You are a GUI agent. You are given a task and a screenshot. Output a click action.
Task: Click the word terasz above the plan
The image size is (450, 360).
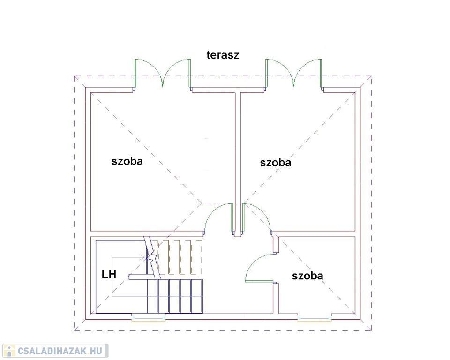click(223, 55)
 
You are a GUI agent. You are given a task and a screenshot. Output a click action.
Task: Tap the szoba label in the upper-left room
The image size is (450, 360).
click(127, 161)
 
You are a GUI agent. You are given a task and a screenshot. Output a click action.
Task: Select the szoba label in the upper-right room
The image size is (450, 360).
click(276, 163)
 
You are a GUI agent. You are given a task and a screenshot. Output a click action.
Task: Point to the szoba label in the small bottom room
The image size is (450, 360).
click(307, 276)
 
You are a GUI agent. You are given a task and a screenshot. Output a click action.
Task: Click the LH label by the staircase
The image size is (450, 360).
click(109, 274)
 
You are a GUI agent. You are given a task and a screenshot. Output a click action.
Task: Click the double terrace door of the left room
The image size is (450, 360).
click(163, 74)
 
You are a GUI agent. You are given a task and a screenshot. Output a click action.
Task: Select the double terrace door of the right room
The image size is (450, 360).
click(293, 74)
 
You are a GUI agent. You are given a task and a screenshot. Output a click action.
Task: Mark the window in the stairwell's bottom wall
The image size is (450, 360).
click(149, 318)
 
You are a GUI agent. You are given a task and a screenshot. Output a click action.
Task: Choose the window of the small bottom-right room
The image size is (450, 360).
click(314, 319)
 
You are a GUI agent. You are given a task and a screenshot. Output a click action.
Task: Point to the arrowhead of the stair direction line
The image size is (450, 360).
click(143, 257)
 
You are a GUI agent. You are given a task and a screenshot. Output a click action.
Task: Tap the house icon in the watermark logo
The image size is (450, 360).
click(9, 351)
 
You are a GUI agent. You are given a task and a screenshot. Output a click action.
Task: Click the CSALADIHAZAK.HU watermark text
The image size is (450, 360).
click(60, 351)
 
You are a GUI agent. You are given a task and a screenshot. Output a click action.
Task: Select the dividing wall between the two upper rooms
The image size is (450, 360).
click(238, 162)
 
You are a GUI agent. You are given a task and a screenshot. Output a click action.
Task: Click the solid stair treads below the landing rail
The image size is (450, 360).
click(175, 296)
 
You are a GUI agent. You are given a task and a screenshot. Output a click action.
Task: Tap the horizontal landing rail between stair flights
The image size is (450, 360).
click(166, 277)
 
